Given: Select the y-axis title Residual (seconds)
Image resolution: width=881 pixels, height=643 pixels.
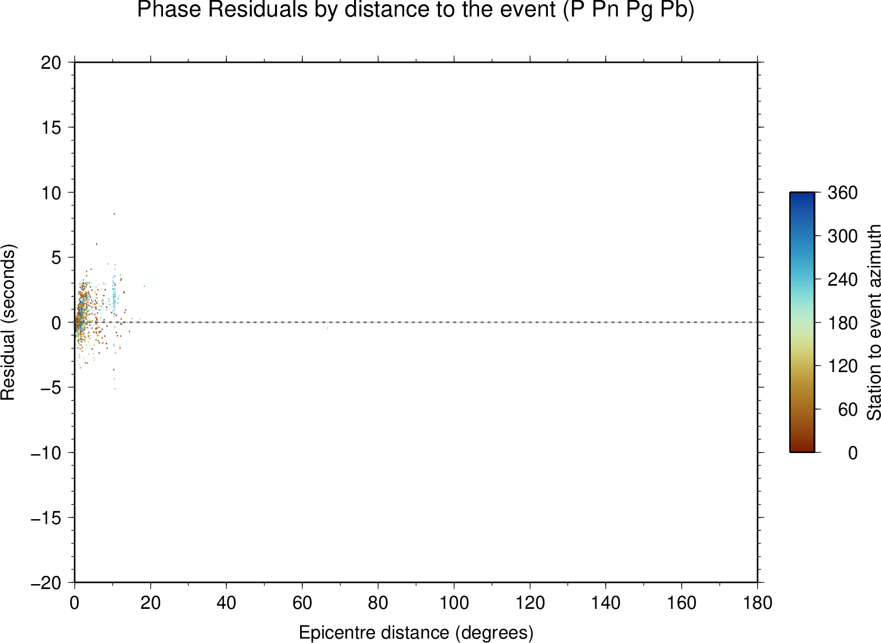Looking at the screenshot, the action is (x=8, y=323).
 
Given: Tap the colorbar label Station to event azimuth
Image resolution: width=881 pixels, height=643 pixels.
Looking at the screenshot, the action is (x=874, y=322).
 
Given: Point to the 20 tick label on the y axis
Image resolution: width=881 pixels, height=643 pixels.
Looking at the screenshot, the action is (x=51, y=63).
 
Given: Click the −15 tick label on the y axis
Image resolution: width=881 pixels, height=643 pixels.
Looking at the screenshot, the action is (x=46, y=518).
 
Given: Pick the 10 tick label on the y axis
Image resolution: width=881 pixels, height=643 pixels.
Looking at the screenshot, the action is (x=51, y=193).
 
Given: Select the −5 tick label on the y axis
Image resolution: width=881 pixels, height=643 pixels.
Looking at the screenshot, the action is (x=51, y=388).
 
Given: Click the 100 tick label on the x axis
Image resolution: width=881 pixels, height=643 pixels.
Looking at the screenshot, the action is (x=454, y=602).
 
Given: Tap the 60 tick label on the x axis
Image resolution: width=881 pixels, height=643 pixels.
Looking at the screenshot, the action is (x=302, y=602).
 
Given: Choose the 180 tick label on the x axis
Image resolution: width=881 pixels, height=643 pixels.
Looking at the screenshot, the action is (x=758, y=602).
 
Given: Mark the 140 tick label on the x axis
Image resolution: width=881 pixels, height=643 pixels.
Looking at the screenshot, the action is (x=606, y=602).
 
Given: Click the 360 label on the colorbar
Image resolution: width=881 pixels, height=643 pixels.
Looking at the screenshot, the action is (x=842, y=193).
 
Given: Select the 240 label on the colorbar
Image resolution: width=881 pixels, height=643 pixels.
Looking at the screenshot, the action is (x=842, y=280).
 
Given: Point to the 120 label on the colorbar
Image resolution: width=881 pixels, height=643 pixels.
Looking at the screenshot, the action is (x=842, y=366).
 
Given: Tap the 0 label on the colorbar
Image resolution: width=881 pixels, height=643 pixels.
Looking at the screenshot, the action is (x=853, y=453).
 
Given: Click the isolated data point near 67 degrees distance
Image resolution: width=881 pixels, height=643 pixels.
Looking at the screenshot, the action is (x=328, y=328).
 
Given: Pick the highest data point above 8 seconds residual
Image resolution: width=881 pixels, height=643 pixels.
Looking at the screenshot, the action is (x=114, y=214).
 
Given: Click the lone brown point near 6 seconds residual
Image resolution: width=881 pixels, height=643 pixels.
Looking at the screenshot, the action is (x=96, y=244).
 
